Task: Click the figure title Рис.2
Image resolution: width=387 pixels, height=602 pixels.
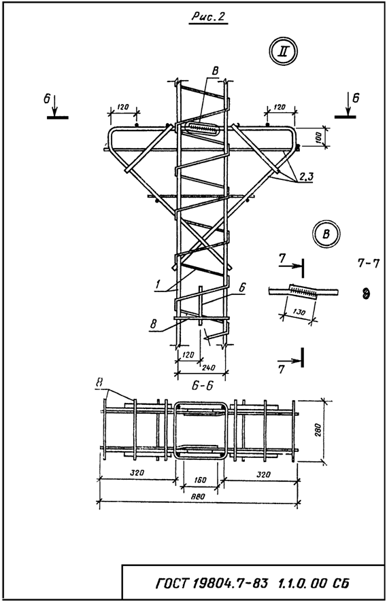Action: click(x=209, y=17)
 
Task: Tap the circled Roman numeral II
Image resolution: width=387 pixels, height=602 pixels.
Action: click(x=284, y=52)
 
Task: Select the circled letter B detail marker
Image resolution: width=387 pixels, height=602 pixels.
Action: click(x=326, y=234)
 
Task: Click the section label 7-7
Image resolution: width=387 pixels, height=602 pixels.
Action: click(x=368, y=264)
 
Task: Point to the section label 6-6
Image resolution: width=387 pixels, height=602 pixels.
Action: click(x=203, y=386)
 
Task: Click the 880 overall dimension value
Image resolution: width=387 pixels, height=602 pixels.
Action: click(x=199, y=497)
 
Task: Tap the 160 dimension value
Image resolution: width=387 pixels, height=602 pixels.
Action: click(x=201, y=480)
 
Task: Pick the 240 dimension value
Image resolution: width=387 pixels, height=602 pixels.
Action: click(x=208, y=367)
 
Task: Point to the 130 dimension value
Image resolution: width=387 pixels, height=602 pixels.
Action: click(x=299, y=313)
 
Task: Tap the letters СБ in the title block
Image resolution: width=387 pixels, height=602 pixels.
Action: click(x=339, y=584)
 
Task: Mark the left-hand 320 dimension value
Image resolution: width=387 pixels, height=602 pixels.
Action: click(x=137, y=473)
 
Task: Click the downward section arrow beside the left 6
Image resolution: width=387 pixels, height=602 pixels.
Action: click(x=55, y=105)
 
